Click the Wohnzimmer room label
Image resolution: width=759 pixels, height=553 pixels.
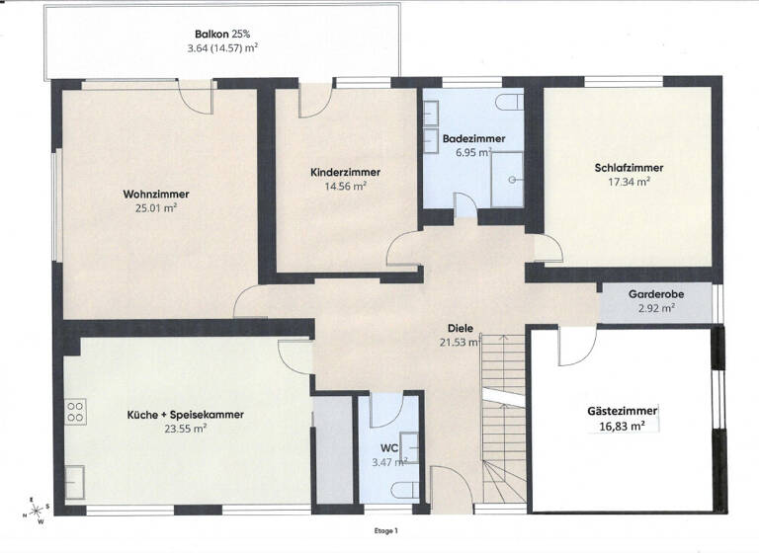pyautogui.click(x=156, y=194)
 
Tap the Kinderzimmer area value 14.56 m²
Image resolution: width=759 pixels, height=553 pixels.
pyautogui.click(x=345, y=186)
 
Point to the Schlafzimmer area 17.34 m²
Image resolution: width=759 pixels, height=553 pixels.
pyautogui.click(x=629, y=182)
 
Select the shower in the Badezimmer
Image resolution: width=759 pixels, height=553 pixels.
pyautogui.click(x=506, y=178)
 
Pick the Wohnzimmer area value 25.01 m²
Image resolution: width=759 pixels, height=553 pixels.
pyautogui.click(x=156, y=208)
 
